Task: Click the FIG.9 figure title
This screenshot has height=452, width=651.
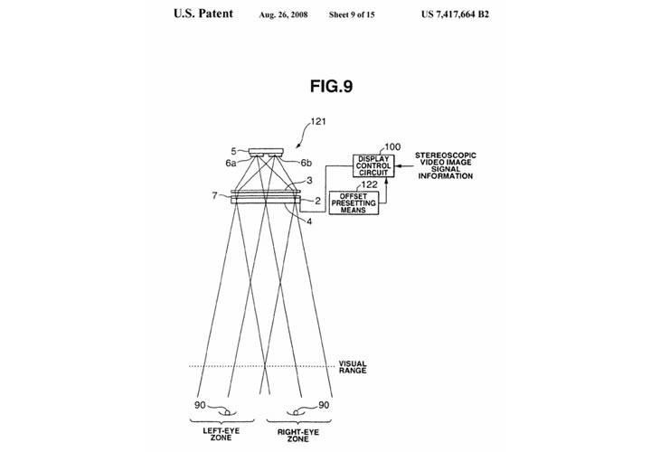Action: pos(331,87)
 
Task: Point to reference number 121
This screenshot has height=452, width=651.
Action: pos(318,122)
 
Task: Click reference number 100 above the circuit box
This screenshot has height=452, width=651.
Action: pos(392,147)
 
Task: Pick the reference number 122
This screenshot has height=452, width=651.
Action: pos(370,184)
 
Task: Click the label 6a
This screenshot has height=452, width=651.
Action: pos(231,163)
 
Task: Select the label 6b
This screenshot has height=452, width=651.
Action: pos(306,163)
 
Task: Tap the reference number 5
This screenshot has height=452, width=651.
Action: pos(234,152)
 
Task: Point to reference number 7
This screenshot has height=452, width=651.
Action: pos(214,195)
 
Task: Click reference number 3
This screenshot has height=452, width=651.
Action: pos(309,181)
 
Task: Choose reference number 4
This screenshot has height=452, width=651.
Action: pos(309,221)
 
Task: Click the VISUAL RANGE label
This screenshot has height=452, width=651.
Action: pos(353,367)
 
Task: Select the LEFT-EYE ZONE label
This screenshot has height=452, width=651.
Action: pos(221,434)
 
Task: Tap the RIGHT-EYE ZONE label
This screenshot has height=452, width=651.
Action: pos(298,436)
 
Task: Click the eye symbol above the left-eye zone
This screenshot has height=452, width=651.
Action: pos(227,412)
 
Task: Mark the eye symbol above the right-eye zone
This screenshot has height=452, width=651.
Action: pos(296,412)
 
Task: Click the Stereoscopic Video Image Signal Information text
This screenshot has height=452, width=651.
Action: pos(446,165)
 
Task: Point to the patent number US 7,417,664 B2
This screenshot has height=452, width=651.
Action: pos(455,14)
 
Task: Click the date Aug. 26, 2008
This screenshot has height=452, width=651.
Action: pos(283,15)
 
